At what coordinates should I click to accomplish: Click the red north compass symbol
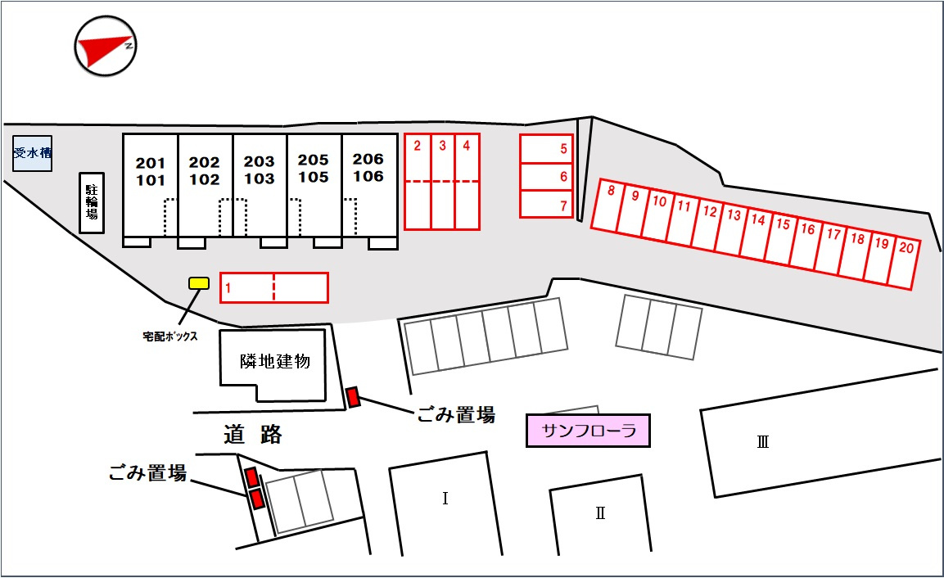[x=105, y=47]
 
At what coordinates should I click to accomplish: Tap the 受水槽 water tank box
[x=32, y=153]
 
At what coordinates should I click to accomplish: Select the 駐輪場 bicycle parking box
[x=92, y=202]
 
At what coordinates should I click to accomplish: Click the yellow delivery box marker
[x=199, y=283]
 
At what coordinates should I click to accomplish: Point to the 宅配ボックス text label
[x=169, y=336]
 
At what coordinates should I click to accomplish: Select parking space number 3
[x=442, y=181]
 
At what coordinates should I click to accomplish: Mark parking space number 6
[x=546, y=176]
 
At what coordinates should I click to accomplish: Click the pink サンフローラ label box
[x=587, y=431]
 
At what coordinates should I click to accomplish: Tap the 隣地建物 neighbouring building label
[x=275, y=361]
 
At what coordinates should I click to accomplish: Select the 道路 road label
[x=253, y=435]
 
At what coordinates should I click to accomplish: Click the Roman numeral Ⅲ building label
[x=762, y=443]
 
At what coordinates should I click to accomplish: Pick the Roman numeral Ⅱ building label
[x=600, y=513]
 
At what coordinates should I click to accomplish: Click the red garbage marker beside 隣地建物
[x=353, y=397]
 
